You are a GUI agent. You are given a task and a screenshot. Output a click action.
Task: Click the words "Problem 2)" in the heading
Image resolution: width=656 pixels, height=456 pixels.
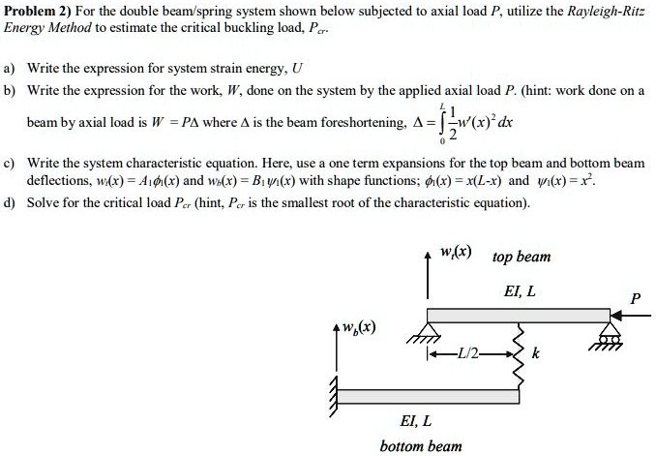36,11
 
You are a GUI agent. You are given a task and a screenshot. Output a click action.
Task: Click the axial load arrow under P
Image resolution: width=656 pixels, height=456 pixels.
634,315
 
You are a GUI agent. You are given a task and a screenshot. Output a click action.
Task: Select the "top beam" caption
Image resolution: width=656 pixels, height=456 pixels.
521,257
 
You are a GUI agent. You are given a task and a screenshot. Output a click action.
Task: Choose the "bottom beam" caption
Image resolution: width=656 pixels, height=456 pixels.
420,445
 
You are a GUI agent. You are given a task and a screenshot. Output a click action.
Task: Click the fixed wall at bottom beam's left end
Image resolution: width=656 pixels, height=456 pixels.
335,395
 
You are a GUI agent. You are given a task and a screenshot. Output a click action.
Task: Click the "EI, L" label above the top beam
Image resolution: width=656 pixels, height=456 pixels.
520,290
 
